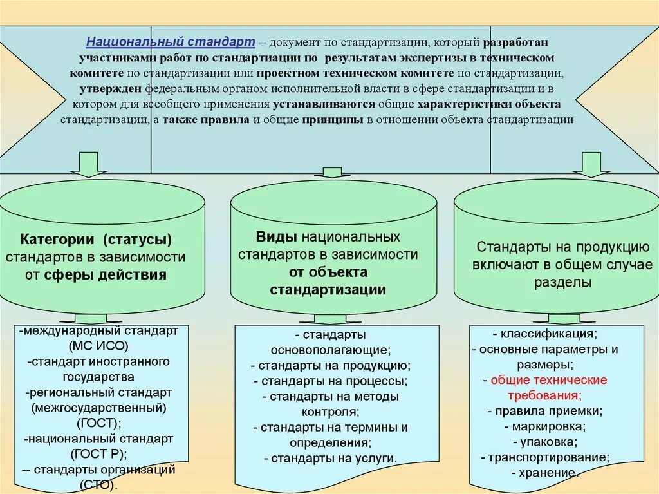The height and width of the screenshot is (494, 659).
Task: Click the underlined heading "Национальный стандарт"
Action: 171,42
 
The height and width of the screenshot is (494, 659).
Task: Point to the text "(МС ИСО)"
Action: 97,347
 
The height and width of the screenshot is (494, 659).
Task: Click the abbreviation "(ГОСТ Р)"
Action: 98,454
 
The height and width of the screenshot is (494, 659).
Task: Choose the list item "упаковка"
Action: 547,442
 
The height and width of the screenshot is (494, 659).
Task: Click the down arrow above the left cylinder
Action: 88,165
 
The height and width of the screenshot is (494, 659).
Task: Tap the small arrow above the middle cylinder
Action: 331,172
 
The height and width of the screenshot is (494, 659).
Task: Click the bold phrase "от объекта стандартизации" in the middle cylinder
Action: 328,281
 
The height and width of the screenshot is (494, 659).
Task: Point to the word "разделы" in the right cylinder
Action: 562,282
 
